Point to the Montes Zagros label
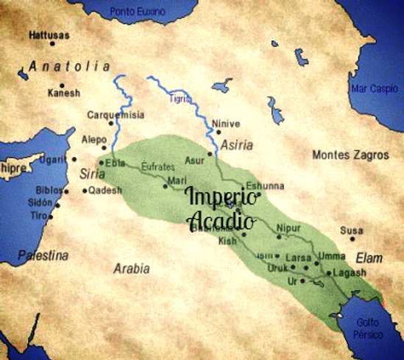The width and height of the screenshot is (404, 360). [350, 155]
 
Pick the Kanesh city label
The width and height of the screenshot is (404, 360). [63, 93]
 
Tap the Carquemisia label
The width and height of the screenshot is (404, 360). [116, 115]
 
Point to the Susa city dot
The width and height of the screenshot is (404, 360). [352, 238]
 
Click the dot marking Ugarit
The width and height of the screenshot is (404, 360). [74, 158]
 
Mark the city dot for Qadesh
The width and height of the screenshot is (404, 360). [85, 191]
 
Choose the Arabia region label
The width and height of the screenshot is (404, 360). [131, 269]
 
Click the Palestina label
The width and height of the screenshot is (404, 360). [43, 255]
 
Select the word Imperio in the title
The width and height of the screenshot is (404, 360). [222, 197]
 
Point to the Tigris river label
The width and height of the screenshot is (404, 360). [179, 98]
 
